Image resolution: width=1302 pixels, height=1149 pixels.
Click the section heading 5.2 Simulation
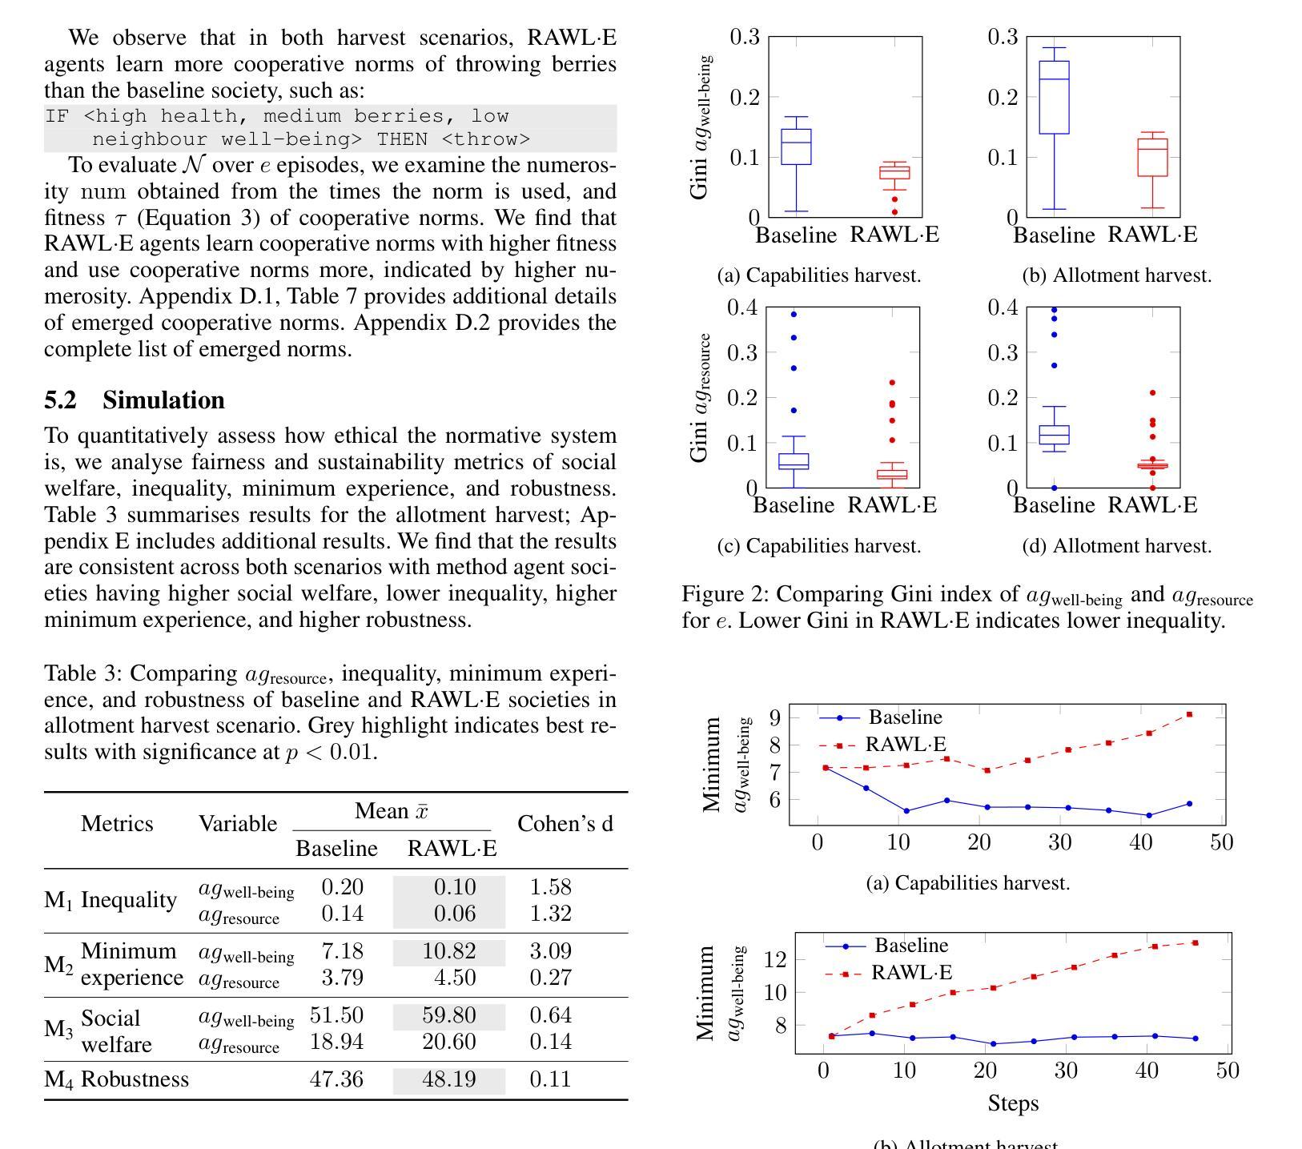click(x=134, y=400)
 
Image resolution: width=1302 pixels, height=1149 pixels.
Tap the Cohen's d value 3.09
click(x=551, y=951)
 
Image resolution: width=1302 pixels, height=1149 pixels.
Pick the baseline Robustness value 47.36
click(x=336, y=1079)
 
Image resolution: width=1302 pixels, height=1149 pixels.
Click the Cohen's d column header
click(x=565, y=824)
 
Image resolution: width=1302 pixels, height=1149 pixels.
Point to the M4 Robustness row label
click(x=117, y=1079)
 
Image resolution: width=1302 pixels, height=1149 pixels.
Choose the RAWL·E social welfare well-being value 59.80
click(x=449, y=1015)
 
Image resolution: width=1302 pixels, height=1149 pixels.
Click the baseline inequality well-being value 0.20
click(x=342, y=887)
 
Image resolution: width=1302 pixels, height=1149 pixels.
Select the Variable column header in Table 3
click(x=238, y=824)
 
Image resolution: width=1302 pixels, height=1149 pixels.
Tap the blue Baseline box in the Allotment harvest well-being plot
click(x=1055, y=98)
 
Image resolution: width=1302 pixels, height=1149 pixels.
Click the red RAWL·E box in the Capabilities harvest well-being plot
click(x=894, y=172)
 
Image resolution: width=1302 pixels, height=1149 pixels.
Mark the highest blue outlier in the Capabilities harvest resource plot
click(x=794, y=315)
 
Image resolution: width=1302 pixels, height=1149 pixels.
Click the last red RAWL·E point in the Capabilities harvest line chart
click(x=1189, y=714)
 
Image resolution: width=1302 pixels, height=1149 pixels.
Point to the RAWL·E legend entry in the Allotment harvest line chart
click(x=889, y=973)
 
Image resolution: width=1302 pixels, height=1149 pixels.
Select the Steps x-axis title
click(x=1013, y=1103)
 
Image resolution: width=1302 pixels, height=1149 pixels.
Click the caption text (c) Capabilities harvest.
click(x=819, y=546)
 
